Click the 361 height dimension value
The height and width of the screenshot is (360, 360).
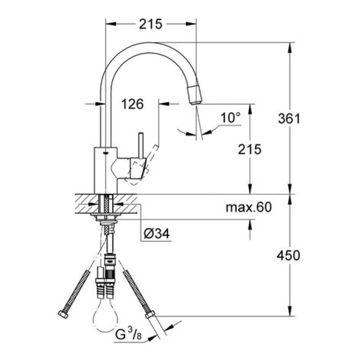289,118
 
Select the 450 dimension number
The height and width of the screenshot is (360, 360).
289,255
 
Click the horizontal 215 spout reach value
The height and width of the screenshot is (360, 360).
151,23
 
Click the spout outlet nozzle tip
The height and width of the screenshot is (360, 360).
195,96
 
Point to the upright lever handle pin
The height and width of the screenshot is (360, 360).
139,147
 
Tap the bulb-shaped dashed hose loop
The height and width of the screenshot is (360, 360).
105,319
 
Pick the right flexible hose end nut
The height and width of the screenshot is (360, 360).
151,314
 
